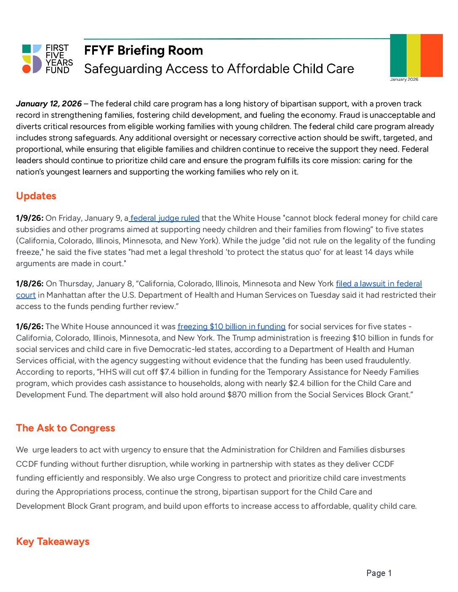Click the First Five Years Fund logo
[x=47, y=59]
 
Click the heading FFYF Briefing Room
[x=143, y=50]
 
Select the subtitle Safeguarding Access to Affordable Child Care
[x=219, y=69]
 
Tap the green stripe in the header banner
[x=398, y=55]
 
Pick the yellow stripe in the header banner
[x=413, y=55]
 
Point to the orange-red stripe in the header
[x=431, y=55]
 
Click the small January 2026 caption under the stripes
[x=404, y=79]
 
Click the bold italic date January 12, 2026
[x=49, y=104]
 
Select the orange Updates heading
[x=36, y=196]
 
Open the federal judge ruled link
[x=165, y=218]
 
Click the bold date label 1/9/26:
[x=29, y=218]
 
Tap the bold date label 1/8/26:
[x=29, y=284]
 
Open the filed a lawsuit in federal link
[x=378, y=284]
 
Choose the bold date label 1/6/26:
[x=29, y=327]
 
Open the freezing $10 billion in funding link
[x=232, y=327]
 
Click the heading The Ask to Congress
[x=66, y=428]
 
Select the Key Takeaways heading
[x=53, y=542]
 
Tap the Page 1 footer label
[x=379, y=573]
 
